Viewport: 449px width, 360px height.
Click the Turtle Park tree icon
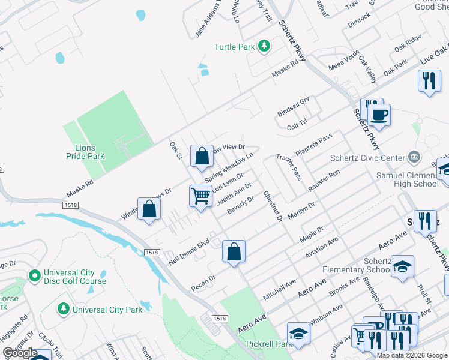click(x=263, y=46)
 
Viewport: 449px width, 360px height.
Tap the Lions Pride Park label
click(x=86, y=152)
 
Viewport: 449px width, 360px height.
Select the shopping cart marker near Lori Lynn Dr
click(x=200, y=195)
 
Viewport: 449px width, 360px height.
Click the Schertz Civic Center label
click(x=368, y=158)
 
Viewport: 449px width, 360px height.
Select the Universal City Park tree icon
click(x=63, y=308)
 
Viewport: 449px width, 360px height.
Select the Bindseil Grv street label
click(x=293, y=107)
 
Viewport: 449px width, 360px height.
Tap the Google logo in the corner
click(x=20, y=353)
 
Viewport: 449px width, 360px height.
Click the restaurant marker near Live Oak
click(x=429, y=82)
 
